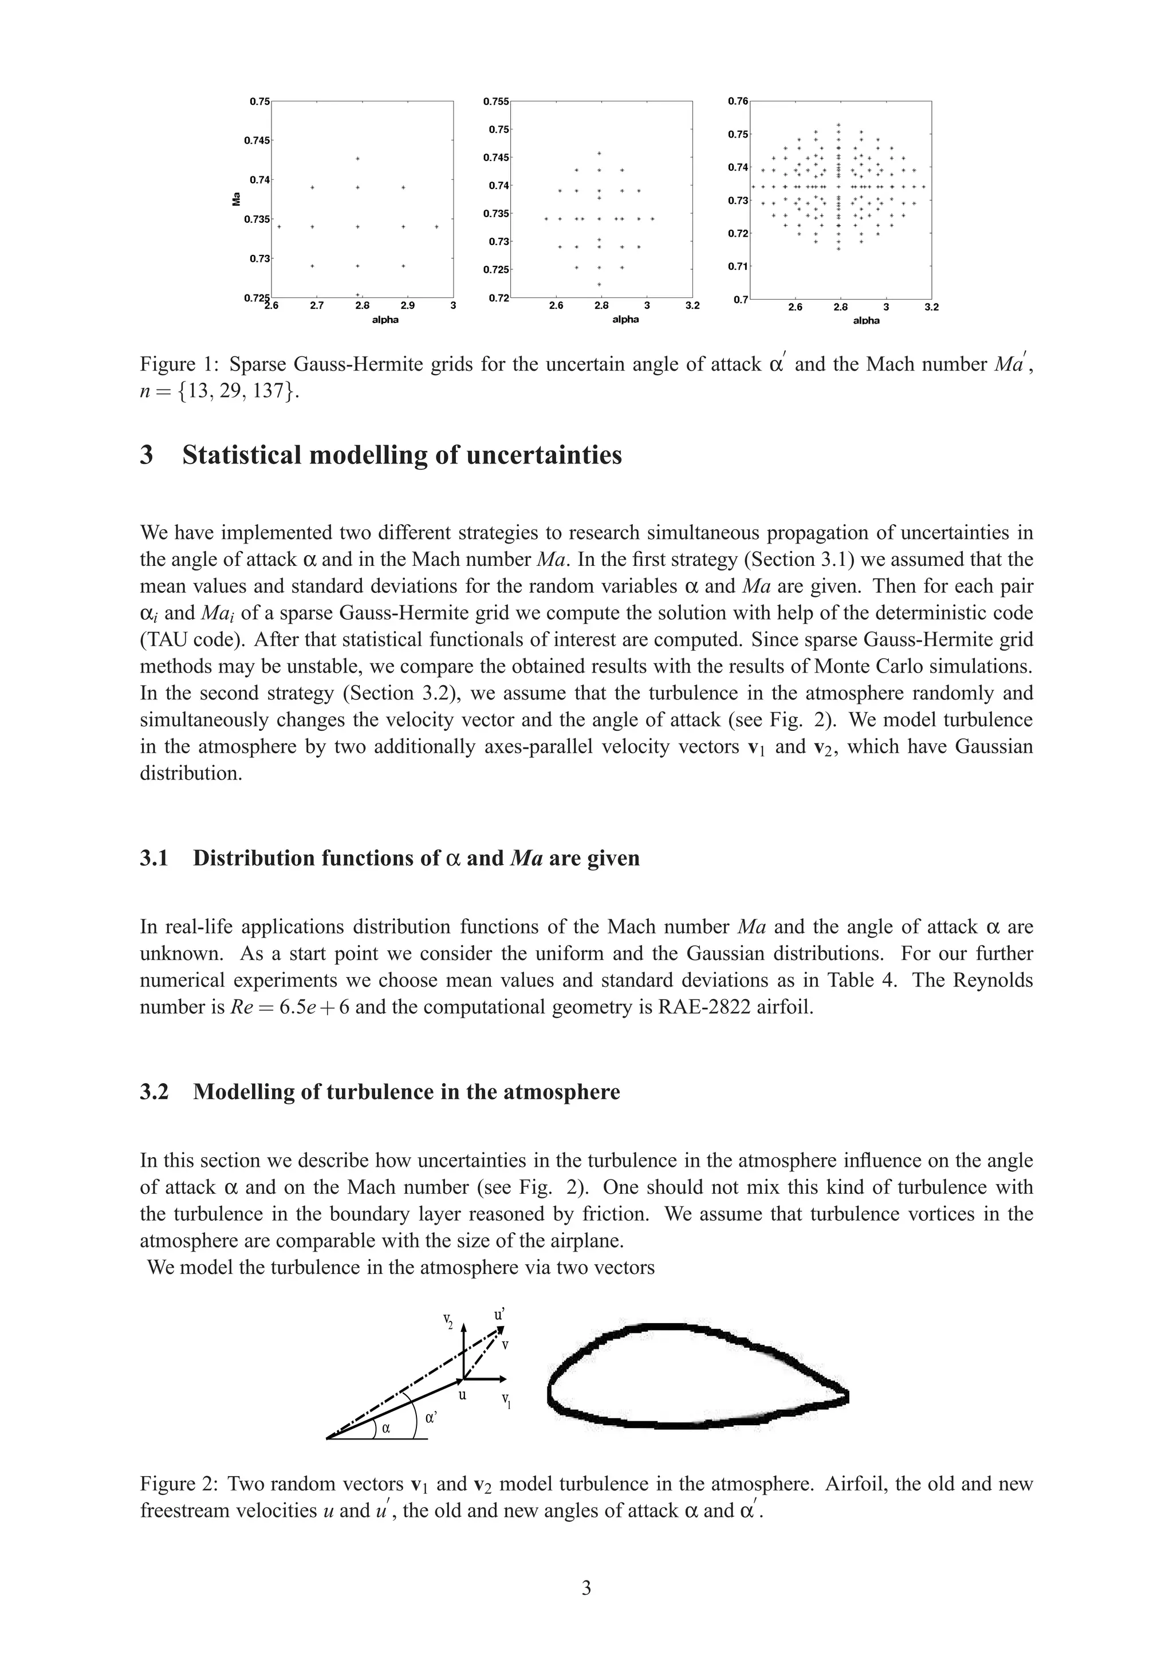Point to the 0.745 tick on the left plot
[x=257, y=140]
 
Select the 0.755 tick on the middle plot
[x=496, y=102]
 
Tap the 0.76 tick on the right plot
[x=738, y=101]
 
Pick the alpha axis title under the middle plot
[x=625, y=320]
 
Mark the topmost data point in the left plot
[x=358, y=158]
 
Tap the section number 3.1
[x=154, y=858]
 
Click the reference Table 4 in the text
[x=859, y=981]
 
